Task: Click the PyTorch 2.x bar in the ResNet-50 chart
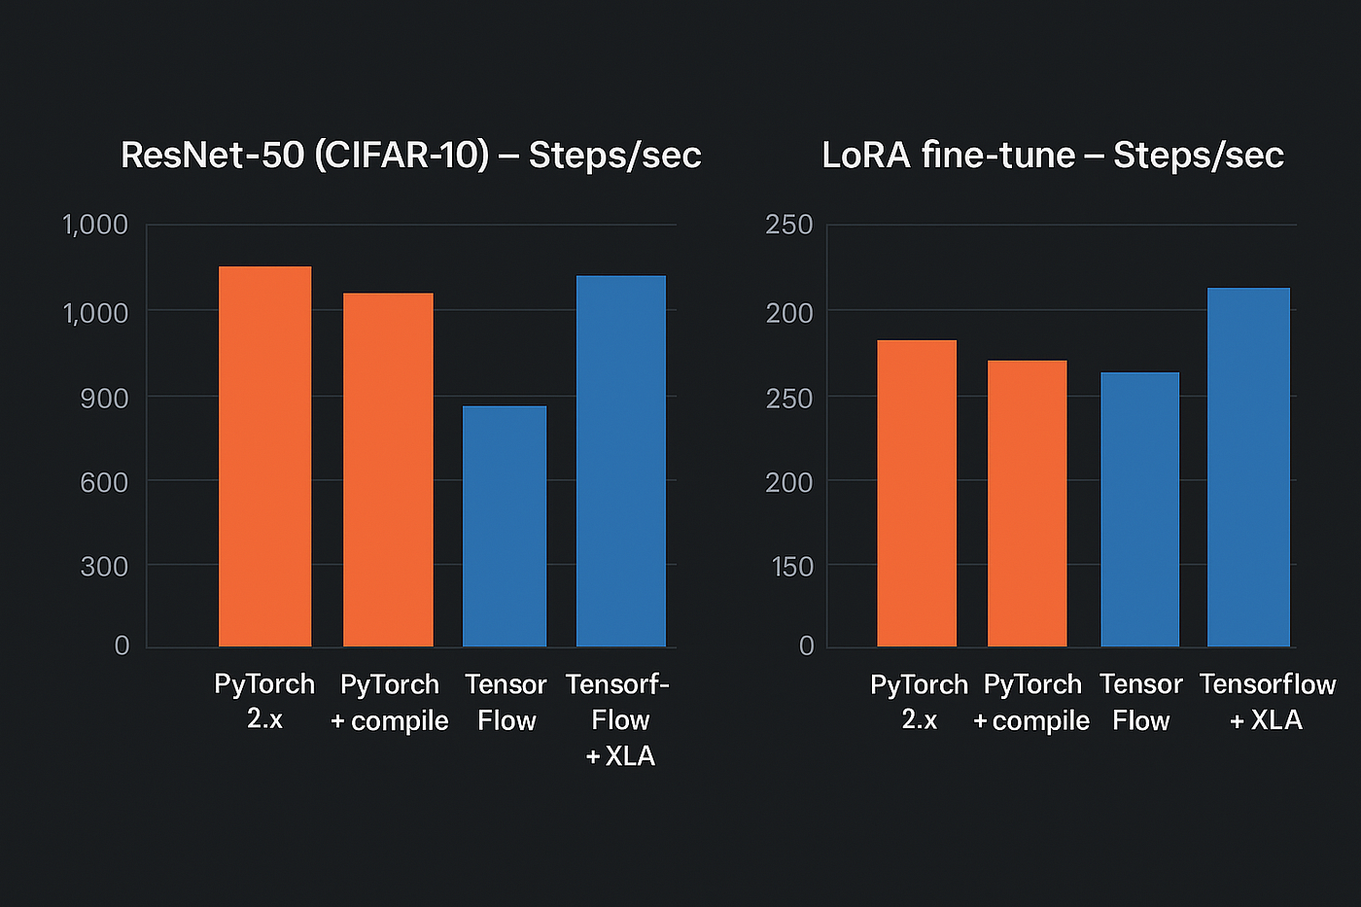click(264, 456)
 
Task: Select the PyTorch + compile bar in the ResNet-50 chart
click(388, 470)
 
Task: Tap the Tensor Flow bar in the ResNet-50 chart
click(504, 526)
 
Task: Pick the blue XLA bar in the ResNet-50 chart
click(620, 461)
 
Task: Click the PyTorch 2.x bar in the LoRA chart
click(916, 493)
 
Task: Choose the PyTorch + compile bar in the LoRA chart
click(1027, 504)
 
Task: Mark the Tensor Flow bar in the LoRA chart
click(1139, 509)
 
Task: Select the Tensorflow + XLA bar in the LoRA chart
click(1248, 467)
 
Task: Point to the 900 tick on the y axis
click(104, 398)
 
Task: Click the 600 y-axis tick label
click(104, 482)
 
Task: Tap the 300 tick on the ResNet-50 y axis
click(104, 567)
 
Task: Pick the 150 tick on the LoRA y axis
click(791, 567)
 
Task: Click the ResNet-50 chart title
click(410, 156)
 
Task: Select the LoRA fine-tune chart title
click(1053, 156)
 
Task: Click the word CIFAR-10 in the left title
click(401, 156)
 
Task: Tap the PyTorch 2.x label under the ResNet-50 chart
click(264, 701)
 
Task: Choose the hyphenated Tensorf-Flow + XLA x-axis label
click(618, 719)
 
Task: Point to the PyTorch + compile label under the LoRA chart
click(1031, 702)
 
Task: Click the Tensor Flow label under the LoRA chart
click(1140, 702)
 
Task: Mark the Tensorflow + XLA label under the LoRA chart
click(1267, 701)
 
